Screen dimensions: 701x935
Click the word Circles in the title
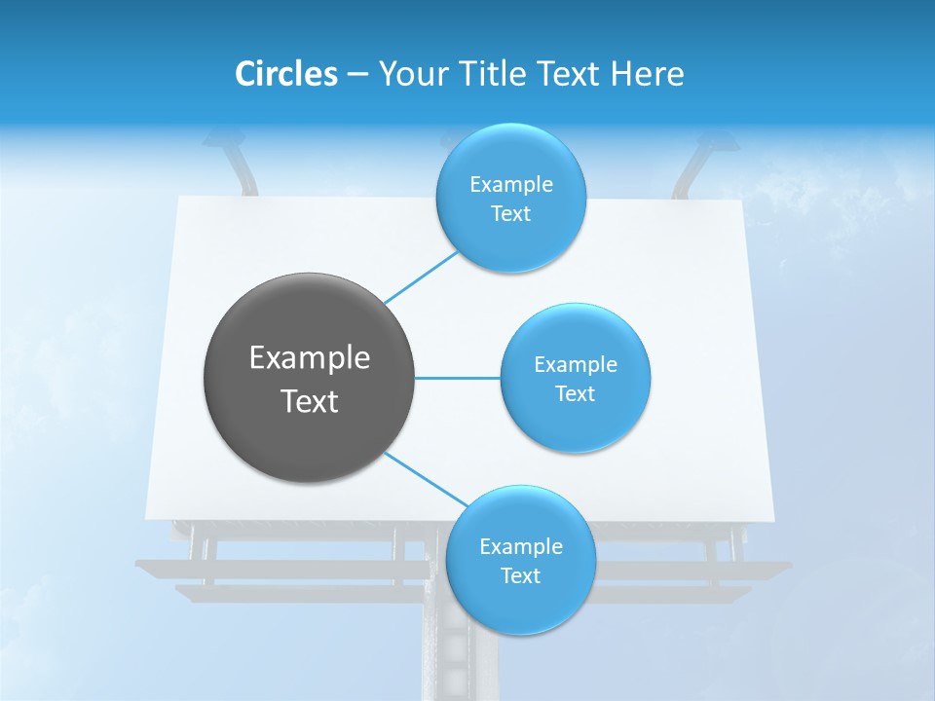(x=285, y=74)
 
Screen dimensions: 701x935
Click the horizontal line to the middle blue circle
(x=457, y=378)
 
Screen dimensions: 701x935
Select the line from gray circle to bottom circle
(x=427, y=479)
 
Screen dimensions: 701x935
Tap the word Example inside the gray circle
(x=310, y=358)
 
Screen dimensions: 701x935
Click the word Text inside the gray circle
(x=310, y=401)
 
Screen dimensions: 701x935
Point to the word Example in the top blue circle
(x=511, y=185)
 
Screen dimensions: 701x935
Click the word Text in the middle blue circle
(x=575, y=394)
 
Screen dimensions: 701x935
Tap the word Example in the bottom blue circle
(x=521, y=547)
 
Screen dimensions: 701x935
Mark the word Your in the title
(x=407, y=74)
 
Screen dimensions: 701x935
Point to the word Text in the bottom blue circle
(x=520, y=576)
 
